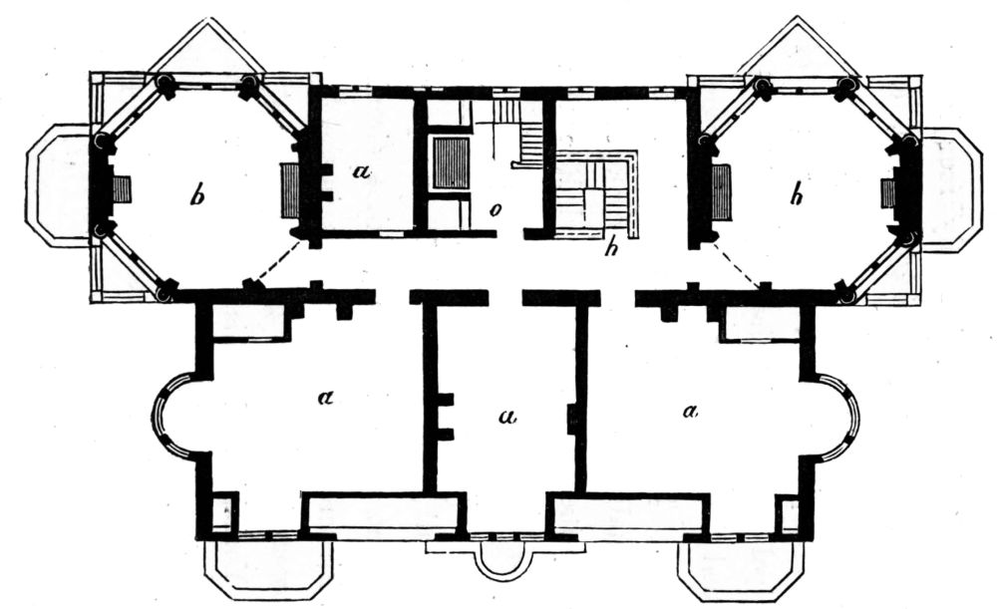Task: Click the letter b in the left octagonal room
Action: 197,196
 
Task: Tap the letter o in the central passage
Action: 494,210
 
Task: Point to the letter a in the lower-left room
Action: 325,398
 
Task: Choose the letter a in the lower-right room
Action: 689,411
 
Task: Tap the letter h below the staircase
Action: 611,248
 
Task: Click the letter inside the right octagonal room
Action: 796,196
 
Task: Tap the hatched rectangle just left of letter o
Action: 451,162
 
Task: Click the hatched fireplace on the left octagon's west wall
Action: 122,189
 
